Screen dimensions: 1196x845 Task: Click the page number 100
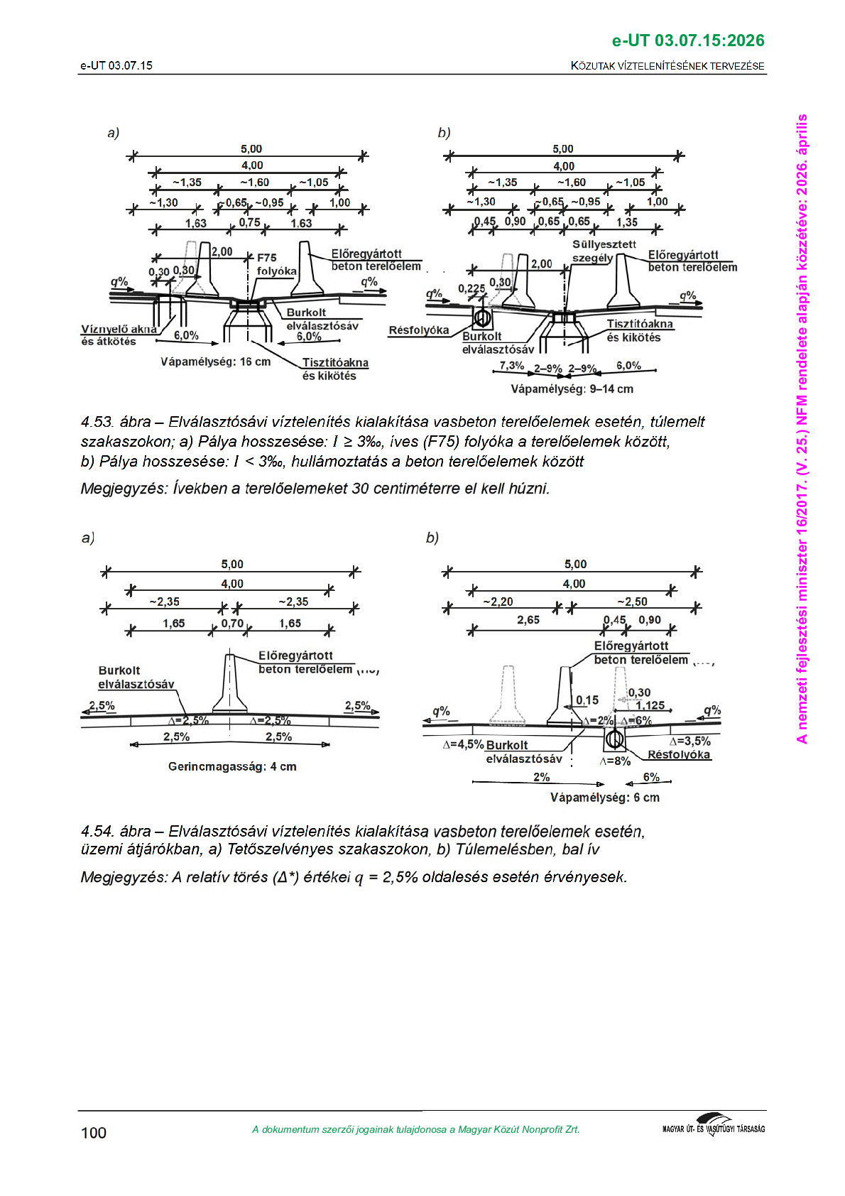(x=94, y=1133)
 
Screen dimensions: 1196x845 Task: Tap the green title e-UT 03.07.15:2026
(x=687, y=40)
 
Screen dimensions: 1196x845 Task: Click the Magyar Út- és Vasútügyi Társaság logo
(x=713, y=1126)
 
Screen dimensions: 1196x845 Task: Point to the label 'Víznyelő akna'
(x=119, y=330)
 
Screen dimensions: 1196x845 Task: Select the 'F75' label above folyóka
(x=267, y=258)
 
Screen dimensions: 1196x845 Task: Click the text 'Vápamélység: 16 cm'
(x=215, y=362)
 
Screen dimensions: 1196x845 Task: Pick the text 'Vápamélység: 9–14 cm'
(x=572, y=389)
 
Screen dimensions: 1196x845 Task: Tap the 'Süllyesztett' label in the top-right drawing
(x=604, y=244)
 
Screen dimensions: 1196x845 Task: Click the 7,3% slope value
(x=511, y=366)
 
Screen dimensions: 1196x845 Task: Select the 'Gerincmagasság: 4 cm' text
(x=232, y=767)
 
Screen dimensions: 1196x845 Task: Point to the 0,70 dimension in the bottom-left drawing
(x=232, y=624)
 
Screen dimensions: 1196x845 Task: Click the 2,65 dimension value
(x=528, y=620)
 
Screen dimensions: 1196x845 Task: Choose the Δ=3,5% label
(x=689, y=741)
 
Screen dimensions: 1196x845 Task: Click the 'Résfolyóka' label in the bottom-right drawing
(x=678, y=755)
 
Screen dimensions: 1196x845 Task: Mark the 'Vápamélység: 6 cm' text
(x=604, y=798)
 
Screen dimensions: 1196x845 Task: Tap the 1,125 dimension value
(x=650, y=705)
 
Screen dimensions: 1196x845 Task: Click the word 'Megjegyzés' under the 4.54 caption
(x=124, y=877)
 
